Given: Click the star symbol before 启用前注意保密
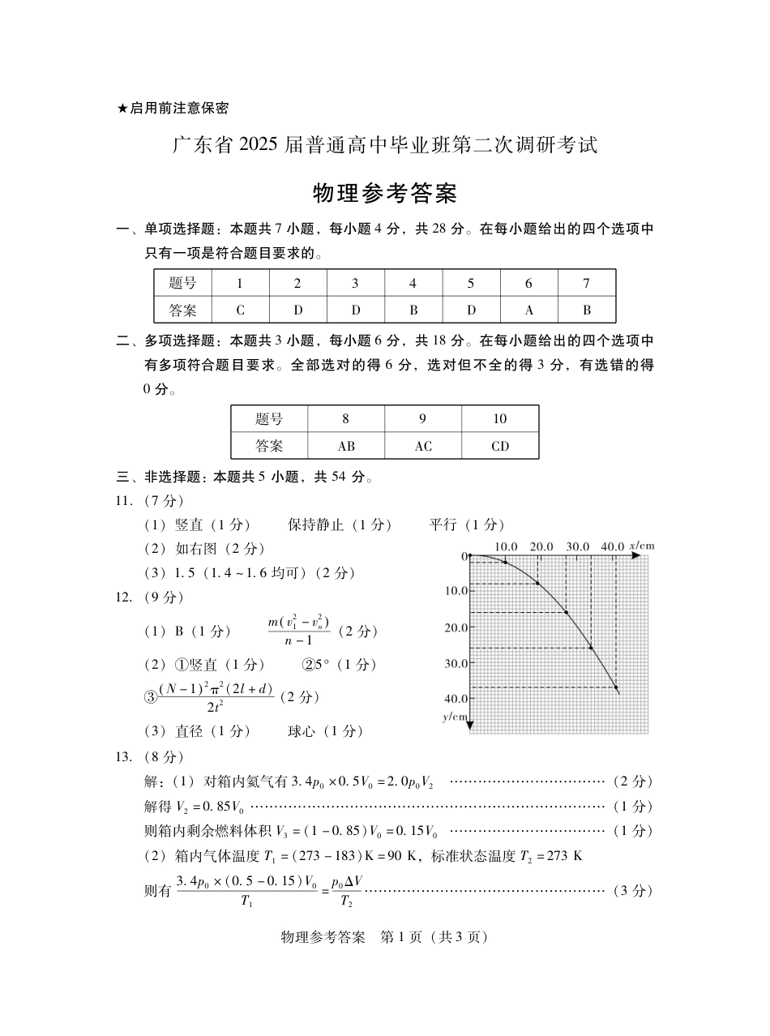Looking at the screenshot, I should coord(122,108).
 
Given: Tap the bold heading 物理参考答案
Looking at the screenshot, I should coord(385,194).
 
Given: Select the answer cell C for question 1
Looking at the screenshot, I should coord(240,310).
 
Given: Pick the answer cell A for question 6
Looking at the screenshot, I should coord(528,310).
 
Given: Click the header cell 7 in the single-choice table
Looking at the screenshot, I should coord(586,283).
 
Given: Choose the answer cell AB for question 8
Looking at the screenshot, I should coord(346,446).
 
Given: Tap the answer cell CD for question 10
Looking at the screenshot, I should coord(500,446).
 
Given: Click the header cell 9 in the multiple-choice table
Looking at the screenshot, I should coord(422,419).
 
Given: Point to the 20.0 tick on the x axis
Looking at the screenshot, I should coord(541,546).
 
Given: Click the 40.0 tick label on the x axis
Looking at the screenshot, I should coord(612,546).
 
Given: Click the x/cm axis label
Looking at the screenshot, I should coord(642,546).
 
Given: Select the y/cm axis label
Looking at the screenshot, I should coord(455,717).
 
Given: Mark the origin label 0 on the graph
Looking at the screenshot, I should coord(464,556).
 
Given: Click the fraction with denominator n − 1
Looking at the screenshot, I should coord(298,631).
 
